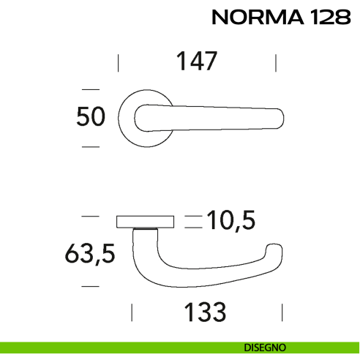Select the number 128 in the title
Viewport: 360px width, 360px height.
pos(329,18)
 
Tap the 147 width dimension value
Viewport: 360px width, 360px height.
pos(196,62)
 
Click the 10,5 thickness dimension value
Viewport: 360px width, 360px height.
pos(233,220)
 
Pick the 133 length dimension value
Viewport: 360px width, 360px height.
pos(205,312)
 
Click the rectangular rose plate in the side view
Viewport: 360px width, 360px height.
pos(145,220)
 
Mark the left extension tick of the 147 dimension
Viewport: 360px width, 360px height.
pos(119,62)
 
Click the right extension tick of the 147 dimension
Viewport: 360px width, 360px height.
pos(275,62)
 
